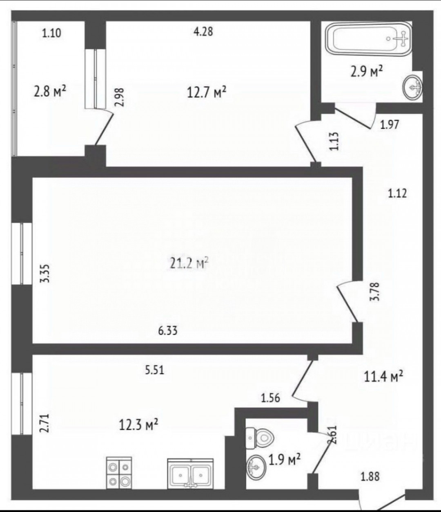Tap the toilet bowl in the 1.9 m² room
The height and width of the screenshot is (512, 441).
(260, 438)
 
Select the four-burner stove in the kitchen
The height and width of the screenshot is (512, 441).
(119, 469)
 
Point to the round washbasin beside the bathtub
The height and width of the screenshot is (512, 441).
(412, 87)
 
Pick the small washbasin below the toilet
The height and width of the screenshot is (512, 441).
(256, 467)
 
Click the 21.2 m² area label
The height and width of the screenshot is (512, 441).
(189, 263)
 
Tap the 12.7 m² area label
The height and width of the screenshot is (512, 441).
(207, 92)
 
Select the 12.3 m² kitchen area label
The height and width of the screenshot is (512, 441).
(138, 425)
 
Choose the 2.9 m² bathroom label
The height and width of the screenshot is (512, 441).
(366, 71)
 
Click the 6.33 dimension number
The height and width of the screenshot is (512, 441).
(168, 331)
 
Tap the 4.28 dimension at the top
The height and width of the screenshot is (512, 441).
(203, 32)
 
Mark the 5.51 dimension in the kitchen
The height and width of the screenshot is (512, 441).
(154, 371)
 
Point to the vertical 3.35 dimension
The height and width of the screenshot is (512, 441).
(45, 274)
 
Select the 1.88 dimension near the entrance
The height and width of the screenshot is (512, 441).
(370, 476)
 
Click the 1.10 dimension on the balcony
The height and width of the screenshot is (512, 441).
(51, 33)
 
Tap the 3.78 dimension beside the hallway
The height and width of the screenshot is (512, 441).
(374, 292)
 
